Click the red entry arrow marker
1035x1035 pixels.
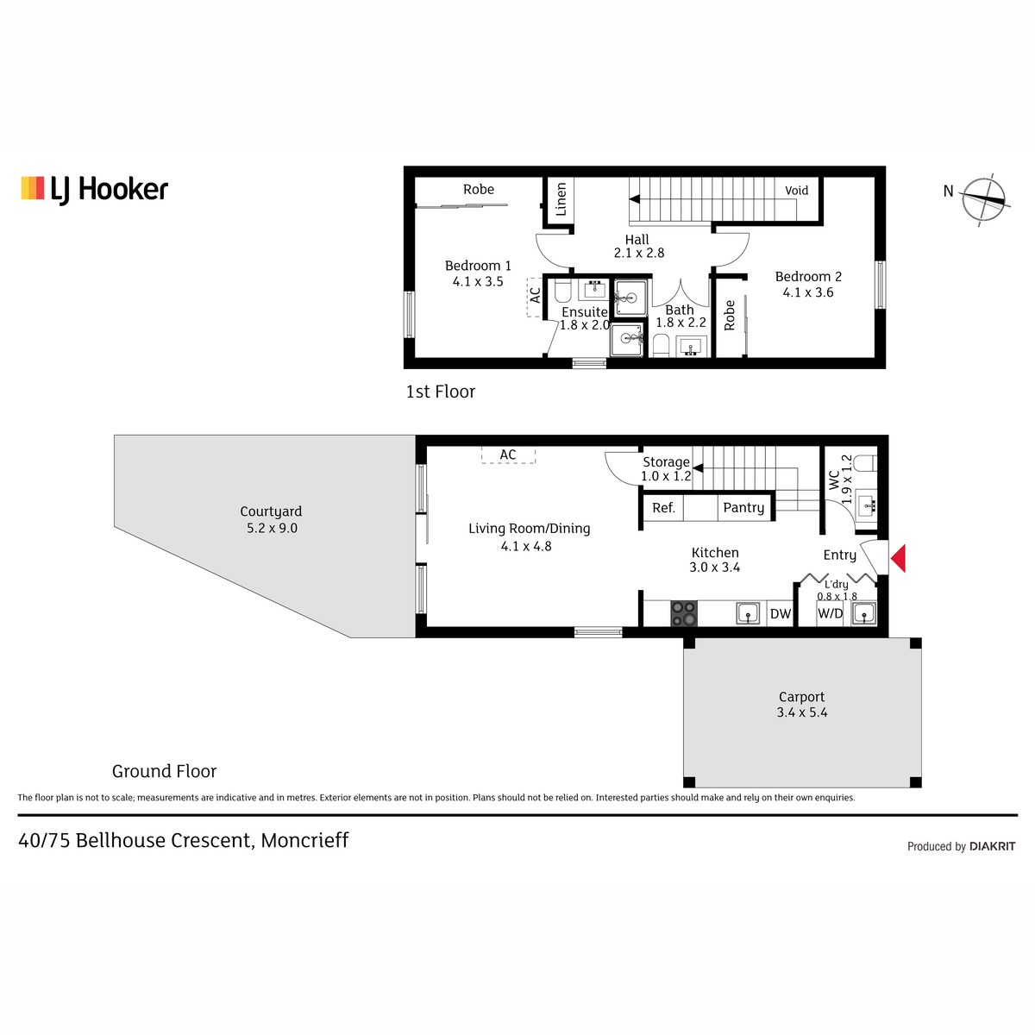[x=899, y=558]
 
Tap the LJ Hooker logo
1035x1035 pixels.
[x=95, y=190]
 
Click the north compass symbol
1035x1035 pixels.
[x=983, y=198]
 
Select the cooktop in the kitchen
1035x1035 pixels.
[x=684, y=613]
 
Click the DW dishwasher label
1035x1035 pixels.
[x=781, y=614]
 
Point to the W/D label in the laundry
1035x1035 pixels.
[x=830, y=613]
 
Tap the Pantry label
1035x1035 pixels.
[x=743, y=507]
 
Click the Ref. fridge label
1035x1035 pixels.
[x=663, y=507]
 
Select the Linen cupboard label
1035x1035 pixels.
[x=561, y=199]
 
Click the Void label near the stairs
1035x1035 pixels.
[x=797, y=191]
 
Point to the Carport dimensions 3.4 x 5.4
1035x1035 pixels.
[x=802, y=712]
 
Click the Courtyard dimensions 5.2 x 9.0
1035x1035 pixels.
[x=272, y=528]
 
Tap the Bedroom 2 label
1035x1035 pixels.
[x=808, y=277]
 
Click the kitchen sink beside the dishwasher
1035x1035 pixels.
[x=748, y=613]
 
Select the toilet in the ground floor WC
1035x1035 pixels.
[x=865, y=463]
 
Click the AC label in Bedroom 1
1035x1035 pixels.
[x=535, y=296]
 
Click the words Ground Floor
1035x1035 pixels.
[x=165, y=771]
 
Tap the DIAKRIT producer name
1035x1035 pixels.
[x=992, y=846]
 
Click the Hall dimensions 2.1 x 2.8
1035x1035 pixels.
[x=639, y=253]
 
